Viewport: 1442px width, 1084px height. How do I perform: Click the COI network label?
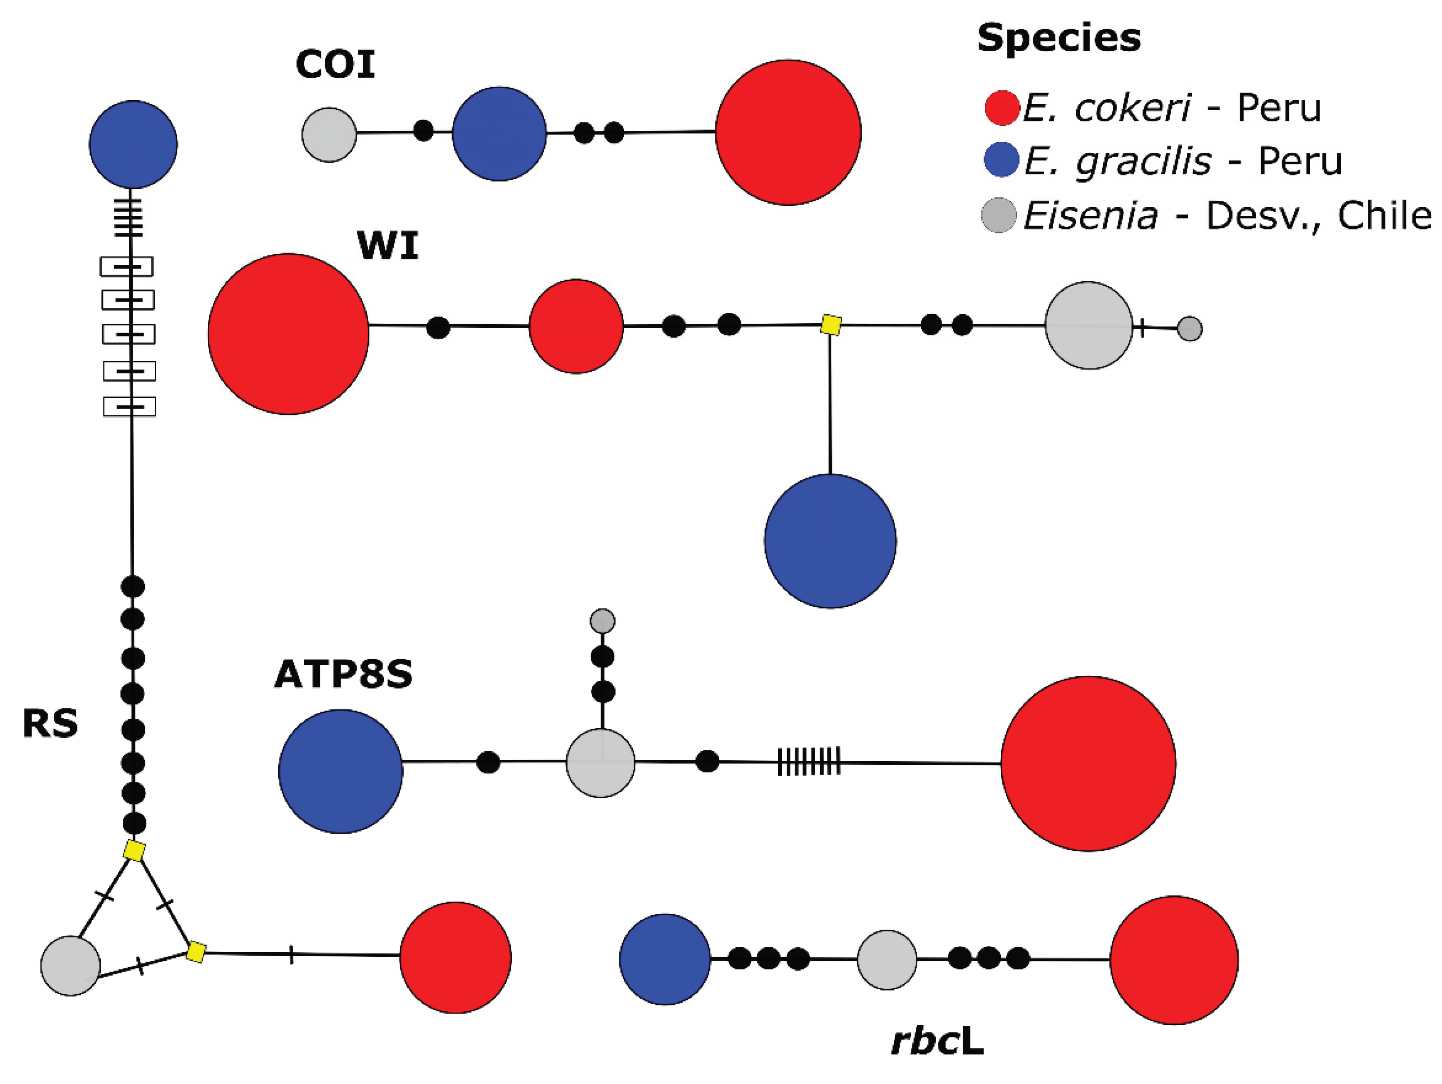pyautogui.click(x=335, y=65)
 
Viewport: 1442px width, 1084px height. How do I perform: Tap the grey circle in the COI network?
pyautogui.click(x=329, y=135)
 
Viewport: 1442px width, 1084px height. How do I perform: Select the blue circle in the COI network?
pyautogui.click(x=499, y=134)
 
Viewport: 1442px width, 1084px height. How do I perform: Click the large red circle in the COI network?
pyautogui.click(x=788, y=132)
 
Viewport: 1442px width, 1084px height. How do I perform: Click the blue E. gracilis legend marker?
pyautogui.click(x=1001, y=160)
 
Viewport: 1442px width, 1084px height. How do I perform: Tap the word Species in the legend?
pyautogui.click(x=1059, y=38)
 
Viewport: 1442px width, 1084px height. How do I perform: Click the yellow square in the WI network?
pyautogui.click(x=831, y=325)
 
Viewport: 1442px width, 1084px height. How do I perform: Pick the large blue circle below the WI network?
pyautogui.click(x=830, y=541)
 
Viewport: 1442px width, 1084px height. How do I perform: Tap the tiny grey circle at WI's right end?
pyautogui.click(x=1190, y=329)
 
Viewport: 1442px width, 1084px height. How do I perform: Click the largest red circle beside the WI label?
pyautogui.click(x=288, y=334)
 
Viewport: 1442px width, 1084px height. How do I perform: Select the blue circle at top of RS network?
pyautogui.click(x=133, y=144)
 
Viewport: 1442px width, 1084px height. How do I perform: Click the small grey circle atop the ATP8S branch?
pyautogui.click(x=602, y=620)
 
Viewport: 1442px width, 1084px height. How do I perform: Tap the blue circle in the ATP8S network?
pyautogui.click(x=341, y=771)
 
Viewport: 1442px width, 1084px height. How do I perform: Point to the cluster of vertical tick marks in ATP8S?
pyautogui.click(x=808, y=761)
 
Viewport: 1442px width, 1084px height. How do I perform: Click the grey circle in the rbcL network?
pyautogui.click(x=887, y=959)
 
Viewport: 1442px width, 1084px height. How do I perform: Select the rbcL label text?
pyautogui.click(x=937, y=1042)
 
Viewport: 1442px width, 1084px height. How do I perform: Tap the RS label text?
pyautogui.click(x=50, y=724)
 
